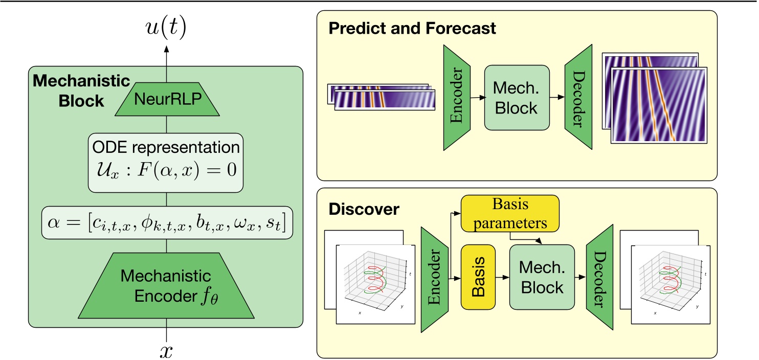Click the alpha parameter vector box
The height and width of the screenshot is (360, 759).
167,222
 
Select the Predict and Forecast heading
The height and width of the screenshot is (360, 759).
412,28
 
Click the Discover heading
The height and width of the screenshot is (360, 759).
356,210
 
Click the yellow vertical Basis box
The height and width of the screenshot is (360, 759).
478,277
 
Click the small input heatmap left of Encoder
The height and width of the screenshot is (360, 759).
381,97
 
